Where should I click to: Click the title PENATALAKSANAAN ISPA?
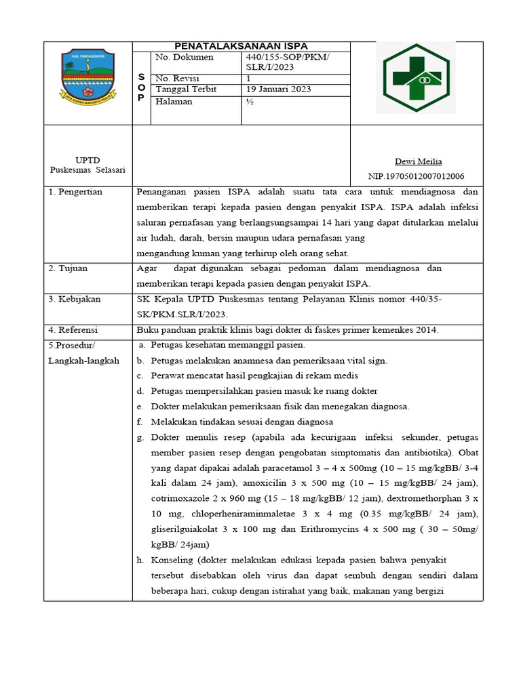(x=242, y=46)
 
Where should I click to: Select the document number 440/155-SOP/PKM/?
(x=288, y=58)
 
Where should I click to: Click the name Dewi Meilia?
(x=418, y=161)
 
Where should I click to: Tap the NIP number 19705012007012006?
(x=416, y=176)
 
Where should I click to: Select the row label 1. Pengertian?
(x=75, y=192)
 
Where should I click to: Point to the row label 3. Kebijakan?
(x=74, y=299)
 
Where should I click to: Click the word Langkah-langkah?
(x=83, y=361)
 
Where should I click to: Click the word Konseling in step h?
(x=172, y=560)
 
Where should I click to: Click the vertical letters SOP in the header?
(x=140, y=87)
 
